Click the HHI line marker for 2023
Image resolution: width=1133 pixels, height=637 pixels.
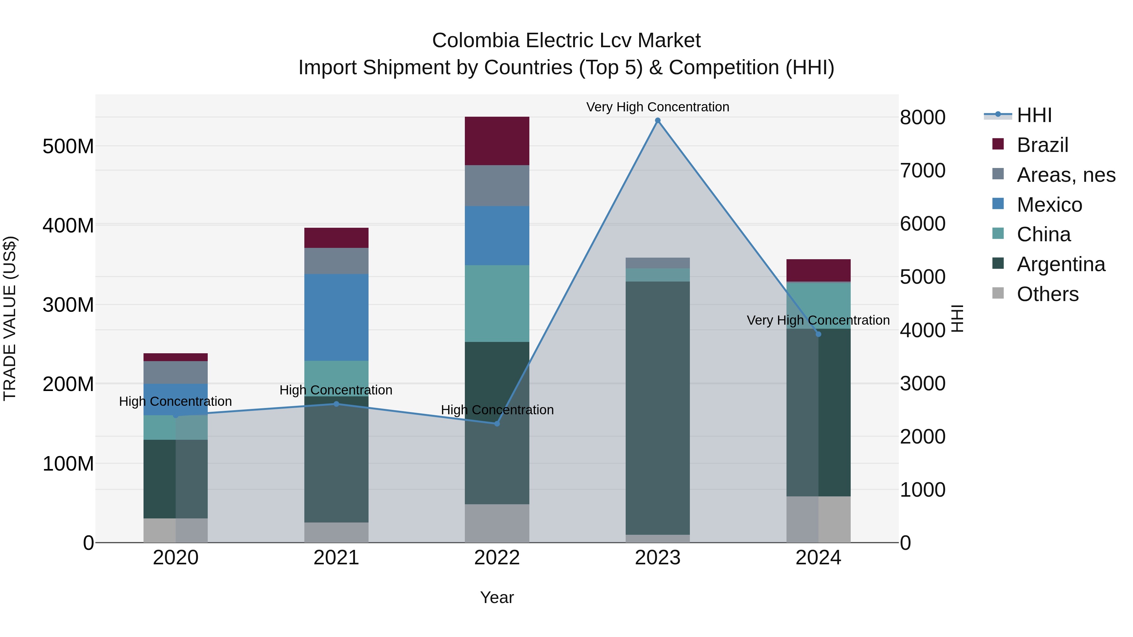pos(657,120)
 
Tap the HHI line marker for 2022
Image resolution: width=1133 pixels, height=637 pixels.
pos(497,423)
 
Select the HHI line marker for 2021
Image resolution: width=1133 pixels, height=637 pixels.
pos(336,404)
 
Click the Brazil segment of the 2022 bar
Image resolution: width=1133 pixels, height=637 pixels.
pos(497,141)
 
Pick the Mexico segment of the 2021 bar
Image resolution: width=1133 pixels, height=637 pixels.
pos(336,317)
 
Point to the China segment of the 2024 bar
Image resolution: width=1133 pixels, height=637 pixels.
pos(818,305)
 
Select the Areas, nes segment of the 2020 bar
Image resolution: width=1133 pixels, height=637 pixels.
pos(176,372)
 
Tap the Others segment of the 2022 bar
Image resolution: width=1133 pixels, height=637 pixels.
pos(497,523)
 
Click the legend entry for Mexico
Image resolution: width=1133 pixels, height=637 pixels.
pos(1049,205)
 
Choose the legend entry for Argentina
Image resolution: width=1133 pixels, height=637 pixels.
pos(1060,264)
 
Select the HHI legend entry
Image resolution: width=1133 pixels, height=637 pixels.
pos(1034,115)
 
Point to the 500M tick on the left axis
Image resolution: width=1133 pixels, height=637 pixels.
pos(68,146)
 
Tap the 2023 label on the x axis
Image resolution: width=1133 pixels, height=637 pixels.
pos(657,558)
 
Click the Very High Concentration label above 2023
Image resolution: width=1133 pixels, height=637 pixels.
pos(657,107)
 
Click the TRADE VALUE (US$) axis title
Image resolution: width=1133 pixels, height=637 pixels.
pos(10,318)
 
